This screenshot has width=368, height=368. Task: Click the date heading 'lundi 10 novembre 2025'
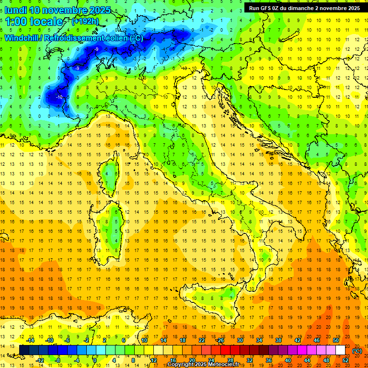57,10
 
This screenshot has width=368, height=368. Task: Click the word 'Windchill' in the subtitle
22,38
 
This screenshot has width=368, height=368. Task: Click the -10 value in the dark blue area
59,97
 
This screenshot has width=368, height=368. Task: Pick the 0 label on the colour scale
94,360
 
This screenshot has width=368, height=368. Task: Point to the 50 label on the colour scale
335,340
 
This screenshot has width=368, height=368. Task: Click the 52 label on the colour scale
345,360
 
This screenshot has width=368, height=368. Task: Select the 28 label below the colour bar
230,360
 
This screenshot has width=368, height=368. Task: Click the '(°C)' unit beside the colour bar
357,350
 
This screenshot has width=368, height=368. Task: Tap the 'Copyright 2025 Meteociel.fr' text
203,365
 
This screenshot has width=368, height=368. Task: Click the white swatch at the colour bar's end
340,350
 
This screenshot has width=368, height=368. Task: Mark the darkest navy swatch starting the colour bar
24,350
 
